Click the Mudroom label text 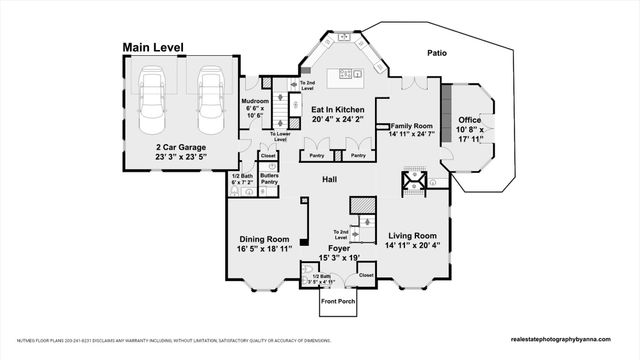[x=256, y=101]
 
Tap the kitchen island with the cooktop [x=349, y=73]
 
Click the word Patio [x=436, y=52]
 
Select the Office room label [x=469, y=121]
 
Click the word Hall [x=329, y=180]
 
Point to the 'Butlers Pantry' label [x=269, y=178]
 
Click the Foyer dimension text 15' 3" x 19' [x=338, y=259]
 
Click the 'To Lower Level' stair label [x=279, y=137]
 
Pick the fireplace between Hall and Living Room [x=413, y=182]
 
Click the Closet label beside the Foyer [x=365, y=274]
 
